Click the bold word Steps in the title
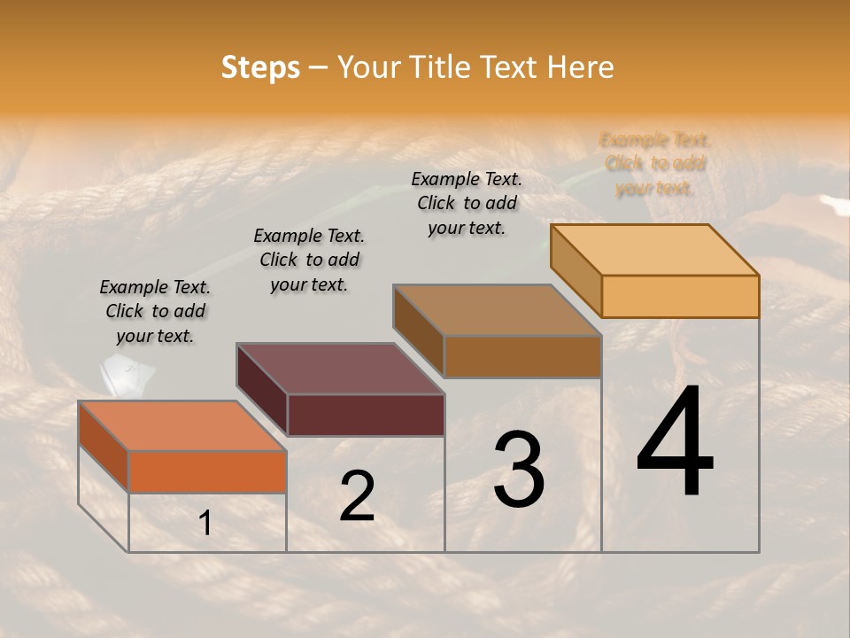(260, 67)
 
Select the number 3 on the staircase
(519, 470)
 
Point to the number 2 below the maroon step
(357, 495)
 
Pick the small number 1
(205, 524)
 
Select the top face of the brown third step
(498, 310)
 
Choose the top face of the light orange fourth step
(655, 250)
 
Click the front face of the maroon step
(366, 415)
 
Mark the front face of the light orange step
(680, 296)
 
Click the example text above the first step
(155, 311)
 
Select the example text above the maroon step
(309, 260)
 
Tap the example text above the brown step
(467, 203)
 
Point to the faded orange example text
(655, 164)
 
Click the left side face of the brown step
(418, 331)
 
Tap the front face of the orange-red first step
(207, 471)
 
